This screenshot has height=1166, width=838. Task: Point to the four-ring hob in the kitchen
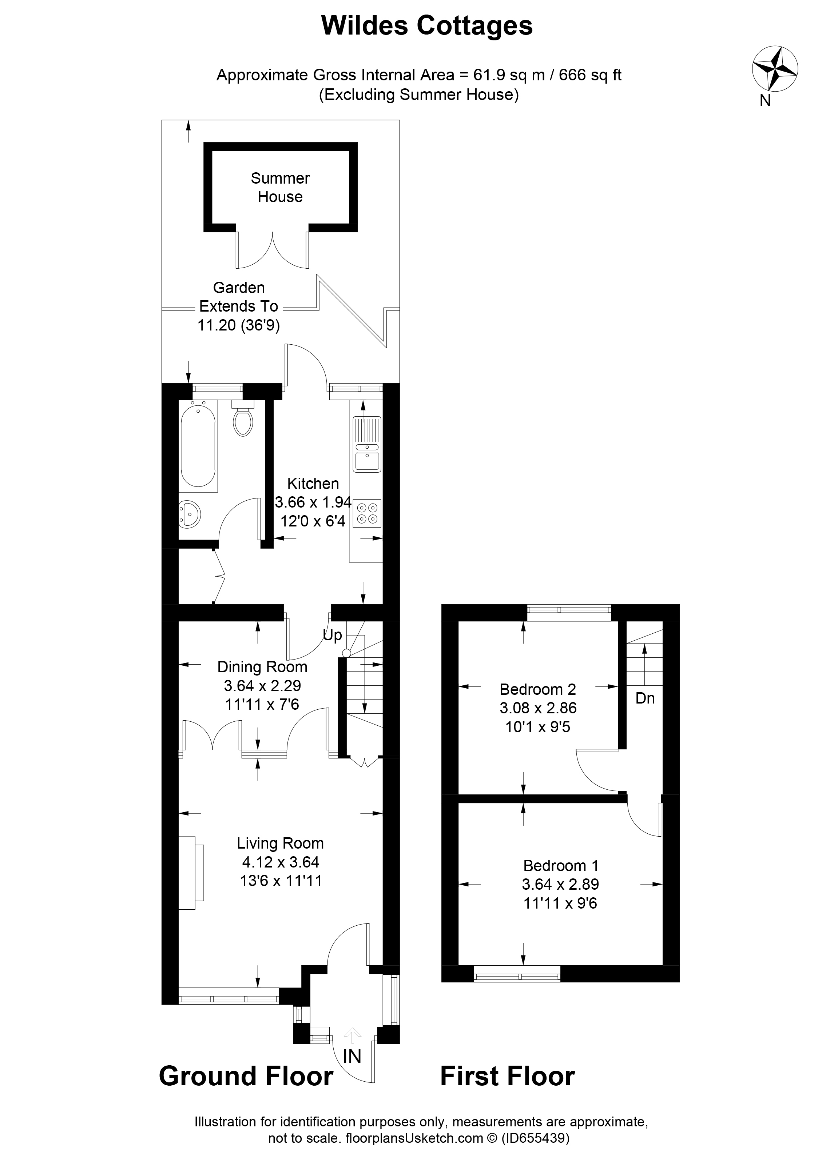(367, 513)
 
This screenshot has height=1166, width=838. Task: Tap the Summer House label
(280, 187)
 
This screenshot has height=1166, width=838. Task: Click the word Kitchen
(313, 483)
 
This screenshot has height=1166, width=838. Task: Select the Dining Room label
(262, 667)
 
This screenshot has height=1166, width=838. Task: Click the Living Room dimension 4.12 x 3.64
(280, 862)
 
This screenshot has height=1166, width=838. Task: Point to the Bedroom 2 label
(537, 689)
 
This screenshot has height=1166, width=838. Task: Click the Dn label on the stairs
(645, 698)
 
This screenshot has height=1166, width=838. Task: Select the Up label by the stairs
(332, 636)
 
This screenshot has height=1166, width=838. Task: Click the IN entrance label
(352, 1057)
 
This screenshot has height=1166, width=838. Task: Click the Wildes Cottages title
(426, 26)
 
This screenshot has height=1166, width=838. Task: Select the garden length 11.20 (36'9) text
(239, 325)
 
